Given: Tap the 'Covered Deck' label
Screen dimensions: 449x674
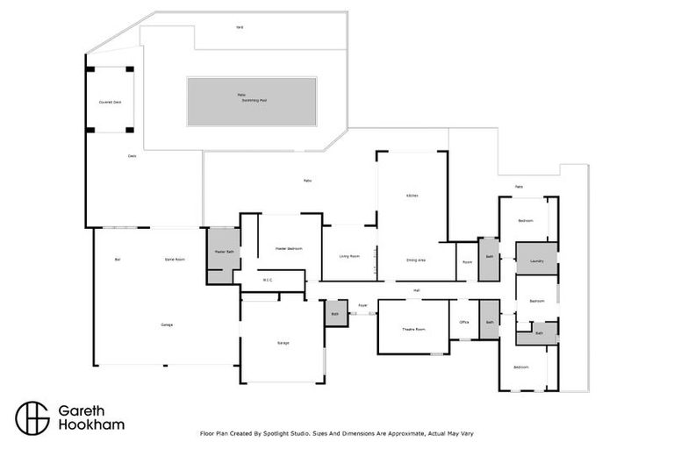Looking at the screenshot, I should (110, 103).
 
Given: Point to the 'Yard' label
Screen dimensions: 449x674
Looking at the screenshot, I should (239, 27).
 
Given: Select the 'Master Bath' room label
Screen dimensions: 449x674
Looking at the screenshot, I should (224, 253).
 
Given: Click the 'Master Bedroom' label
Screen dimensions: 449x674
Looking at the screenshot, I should (288, 249).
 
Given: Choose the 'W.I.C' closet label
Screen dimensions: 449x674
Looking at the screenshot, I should (269, 281).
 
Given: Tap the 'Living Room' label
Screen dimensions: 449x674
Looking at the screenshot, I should (349, 256).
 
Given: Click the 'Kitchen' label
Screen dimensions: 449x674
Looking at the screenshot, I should (411, 195).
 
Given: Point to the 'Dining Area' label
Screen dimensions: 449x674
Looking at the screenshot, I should (416, 260).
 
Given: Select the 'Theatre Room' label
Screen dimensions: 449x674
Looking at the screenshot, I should (413, 329).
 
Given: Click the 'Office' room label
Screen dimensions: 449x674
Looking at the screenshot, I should (464, 323).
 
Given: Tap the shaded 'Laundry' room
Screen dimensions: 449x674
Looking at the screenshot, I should (536, 260).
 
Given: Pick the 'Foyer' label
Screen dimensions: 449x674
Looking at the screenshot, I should (362, 306).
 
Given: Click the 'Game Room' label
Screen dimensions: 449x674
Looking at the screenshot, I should (175, 260).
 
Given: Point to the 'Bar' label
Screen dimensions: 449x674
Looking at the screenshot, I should (117, 260).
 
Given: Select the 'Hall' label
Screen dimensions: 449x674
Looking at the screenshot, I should (418, 289).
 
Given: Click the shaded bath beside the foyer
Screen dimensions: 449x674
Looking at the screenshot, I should (335, 313).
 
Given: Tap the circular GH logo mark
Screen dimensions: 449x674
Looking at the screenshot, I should (32, 417).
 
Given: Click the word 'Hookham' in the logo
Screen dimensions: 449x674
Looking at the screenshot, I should (91, 425).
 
